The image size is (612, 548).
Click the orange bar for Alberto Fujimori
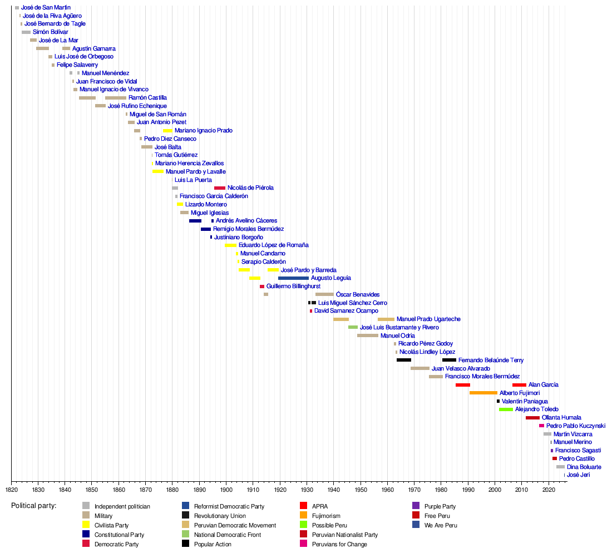coord(483,393)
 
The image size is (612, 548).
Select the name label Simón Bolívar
coord(50,32)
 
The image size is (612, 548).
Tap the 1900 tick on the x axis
coord(226,490)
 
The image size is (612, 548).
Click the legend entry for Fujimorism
coord(326,516)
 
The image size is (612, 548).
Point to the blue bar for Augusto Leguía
coord(293,278)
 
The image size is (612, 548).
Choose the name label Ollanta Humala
coord(561,417)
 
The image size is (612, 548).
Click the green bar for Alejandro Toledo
coord(506,409)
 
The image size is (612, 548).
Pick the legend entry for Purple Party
coord(440,506)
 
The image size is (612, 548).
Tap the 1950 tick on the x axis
coord(361,490)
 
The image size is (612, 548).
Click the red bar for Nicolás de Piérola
coord(220,188)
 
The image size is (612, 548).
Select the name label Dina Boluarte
coord(584,467)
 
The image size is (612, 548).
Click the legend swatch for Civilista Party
coord(86,525)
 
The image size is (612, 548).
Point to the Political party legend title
coord(34,506)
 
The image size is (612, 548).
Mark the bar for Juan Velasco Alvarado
coord(420,368)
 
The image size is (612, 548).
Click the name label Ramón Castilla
coord(147,98)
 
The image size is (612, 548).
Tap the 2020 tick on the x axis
coord(549,490)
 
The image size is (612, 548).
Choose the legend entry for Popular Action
coord(213,544)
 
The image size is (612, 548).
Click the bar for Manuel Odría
coord(368,335)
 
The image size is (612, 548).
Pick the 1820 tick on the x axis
coord(12,490)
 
